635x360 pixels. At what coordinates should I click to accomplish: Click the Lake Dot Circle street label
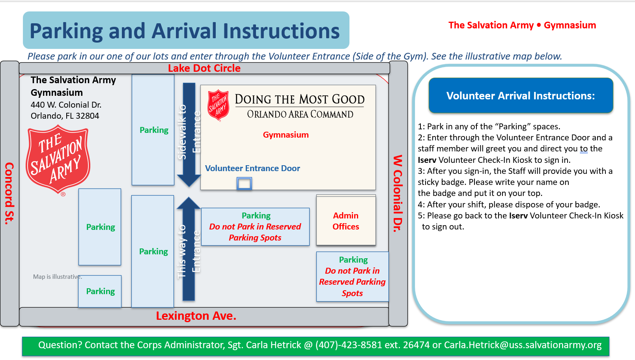(x=204, y=68)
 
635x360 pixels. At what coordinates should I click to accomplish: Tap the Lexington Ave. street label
(x=196, y=316)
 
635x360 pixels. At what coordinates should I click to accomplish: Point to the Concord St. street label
(x=9, y=193)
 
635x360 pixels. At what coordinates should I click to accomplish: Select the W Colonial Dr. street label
(x=398, y=193)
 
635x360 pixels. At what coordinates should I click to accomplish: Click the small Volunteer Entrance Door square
(x=244, y=183)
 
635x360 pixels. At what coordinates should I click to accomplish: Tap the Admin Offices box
(x=346, y=221)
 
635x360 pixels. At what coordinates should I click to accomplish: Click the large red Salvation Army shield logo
(x=58, y=159)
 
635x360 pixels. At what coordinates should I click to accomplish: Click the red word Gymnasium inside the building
(x=286, y=135)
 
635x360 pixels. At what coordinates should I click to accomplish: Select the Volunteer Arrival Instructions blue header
(x=521, y=96)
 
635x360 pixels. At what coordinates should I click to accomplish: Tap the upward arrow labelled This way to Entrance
(x=189, y=248)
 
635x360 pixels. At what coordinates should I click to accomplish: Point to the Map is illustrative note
(x=57, y=277)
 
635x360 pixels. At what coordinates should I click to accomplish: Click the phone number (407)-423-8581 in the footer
(x=349, y=345)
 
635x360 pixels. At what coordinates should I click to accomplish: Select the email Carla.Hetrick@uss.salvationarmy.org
(x=523, y=345)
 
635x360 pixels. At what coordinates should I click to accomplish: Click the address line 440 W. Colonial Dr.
(x=66, y=105)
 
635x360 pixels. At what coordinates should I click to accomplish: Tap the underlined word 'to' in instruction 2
(x=584, y=149)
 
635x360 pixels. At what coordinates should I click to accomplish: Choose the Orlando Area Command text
(x=300, y=114)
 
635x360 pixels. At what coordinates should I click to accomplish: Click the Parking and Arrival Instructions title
(x=185, y=31)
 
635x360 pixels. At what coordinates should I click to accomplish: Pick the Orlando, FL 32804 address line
(x=65, y=116)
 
